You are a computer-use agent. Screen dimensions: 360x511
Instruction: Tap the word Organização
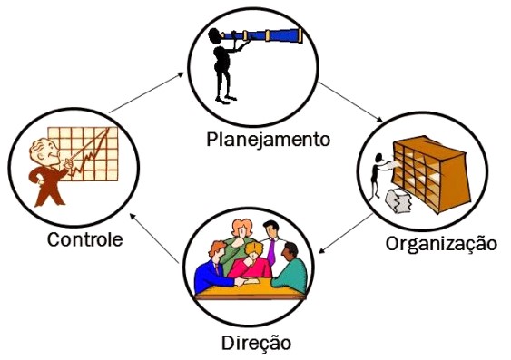(442, 243)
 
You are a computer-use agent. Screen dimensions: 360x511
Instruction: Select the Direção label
(257, 344)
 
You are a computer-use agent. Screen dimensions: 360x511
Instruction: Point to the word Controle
(85, 241)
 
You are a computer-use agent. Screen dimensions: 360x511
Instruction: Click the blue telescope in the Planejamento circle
(272, 36)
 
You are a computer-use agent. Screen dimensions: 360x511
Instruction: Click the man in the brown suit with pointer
(45, 168)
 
